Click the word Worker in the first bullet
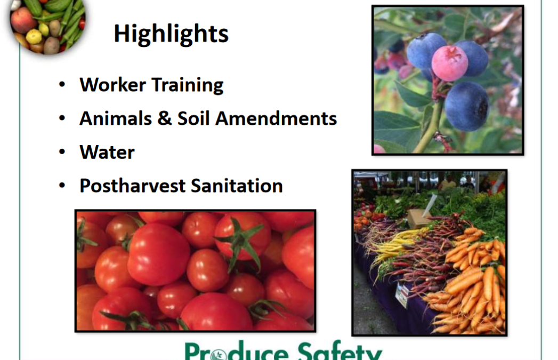tap(113, 85)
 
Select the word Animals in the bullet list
tap(116, 118)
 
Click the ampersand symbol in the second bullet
tap(164, 118)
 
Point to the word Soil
tap(193, 118)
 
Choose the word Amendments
tap(276, 118)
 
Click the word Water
tap(107, 152)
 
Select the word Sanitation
tap(237, 186)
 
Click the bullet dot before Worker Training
tap(62, 85)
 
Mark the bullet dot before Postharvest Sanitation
tap(62, 186)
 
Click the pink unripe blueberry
tap(449, 63)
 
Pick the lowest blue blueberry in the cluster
tap(466, 106)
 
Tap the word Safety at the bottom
tap(339, 351)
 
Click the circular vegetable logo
tap(47, 25)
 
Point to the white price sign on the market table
tap(402, 295)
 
